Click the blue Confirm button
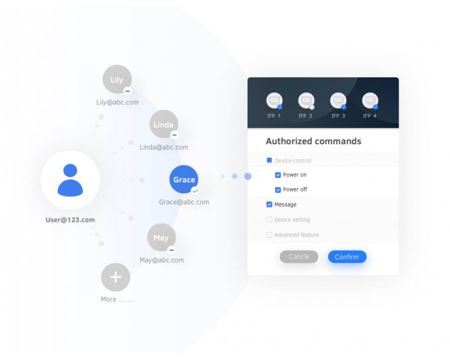tap(347, 256)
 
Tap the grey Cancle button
tap(299, 256)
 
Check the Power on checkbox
tap(278, 175)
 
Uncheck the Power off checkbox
tap(278, 190)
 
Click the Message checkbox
tap(269, 204)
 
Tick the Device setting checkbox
tap(269, 220)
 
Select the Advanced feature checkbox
tap(269, 235)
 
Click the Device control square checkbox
tap(269, 160)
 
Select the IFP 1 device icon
tap(274, 100)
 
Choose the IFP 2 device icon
tap(306, 100)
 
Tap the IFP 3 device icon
tap(338, 100)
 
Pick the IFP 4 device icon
tap(370, 100)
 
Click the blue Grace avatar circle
tap(184, 180)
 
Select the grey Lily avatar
tap(117, 79)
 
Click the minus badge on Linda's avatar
tap(174, 135)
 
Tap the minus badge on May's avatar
tap(171, 250)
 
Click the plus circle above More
tap(116, 277)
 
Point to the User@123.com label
tap(70, 220)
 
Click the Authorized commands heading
tap(314, 141)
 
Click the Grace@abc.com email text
tap(184, 202)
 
